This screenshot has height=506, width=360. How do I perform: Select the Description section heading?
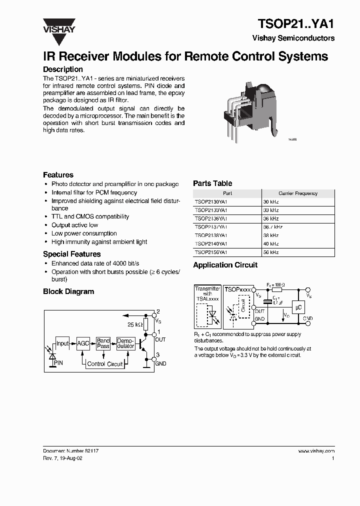coord(63,69)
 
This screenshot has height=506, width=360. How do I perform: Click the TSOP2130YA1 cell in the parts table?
coord(211,201)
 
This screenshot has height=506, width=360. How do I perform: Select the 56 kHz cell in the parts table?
coord(271,252)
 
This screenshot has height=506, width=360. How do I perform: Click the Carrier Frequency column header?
coord(297,193)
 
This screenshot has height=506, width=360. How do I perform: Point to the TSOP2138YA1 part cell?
coord(211,235)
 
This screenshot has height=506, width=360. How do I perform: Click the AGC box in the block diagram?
coord(83,343)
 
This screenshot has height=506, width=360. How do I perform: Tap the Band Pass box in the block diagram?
coord(103,343)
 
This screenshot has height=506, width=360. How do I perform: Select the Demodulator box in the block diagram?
coord(125,343)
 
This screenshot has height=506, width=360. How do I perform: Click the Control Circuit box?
coord(104,364)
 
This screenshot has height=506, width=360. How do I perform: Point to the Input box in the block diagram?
coord(62,343)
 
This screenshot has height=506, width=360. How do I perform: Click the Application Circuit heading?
coord(225,265)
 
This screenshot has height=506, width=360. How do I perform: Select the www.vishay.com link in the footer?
coord(316,450)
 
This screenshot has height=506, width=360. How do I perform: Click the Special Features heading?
coord(71,254)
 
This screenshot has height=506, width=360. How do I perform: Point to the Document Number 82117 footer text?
coord(70,450)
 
